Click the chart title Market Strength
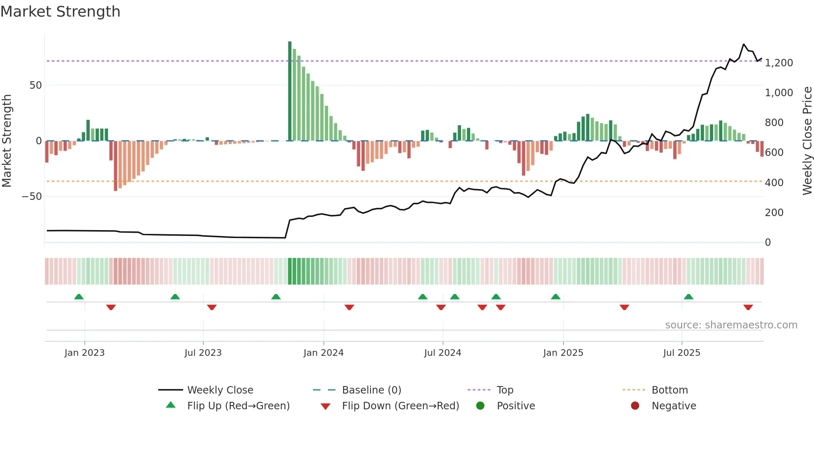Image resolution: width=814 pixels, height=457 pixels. pyautogui.click(x=60, y=12)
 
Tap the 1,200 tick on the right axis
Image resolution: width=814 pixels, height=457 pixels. pyautogui.click(x=779, y=63)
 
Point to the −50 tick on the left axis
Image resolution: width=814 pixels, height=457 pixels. pyautogui.click(x=32, y=197)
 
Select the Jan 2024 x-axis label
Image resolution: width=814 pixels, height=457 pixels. pyautogui.click(x=324, y=353)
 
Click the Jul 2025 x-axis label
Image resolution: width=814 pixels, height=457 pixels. pyautogui.click(x=682, y=353)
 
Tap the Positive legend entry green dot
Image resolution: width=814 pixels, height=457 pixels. pyautogui.click(x=481, y=406)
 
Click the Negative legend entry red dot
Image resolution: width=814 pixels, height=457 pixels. pyautogui.click(x=635, y=406)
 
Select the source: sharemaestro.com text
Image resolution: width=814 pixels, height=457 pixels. pyautogui.click(x=731, y=325)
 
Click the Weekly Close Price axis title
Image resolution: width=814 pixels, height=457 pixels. pyautogui.click(x=807, y=141)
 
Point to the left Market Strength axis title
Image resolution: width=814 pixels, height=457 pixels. pyautogui.click(x=7, y=141)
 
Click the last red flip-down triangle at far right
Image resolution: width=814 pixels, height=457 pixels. pyautogui.click(x=748, y=307)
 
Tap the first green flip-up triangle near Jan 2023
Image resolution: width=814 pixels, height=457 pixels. pyautogui.click(x=79, y=297)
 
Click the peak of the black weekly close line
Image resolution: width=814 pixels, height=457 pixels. pyautogui.click(x=744, y=44)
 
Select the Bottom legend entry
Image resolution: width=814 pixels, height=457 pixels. pyautogui.click(x=669, y=390)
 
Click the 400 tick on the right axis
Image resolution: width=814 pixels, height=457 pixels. pyautogui.click(x=774, y=183)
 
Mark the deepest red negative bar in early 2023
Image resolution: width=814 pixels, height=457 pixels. pyautogui.click(x=115, y=166)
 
